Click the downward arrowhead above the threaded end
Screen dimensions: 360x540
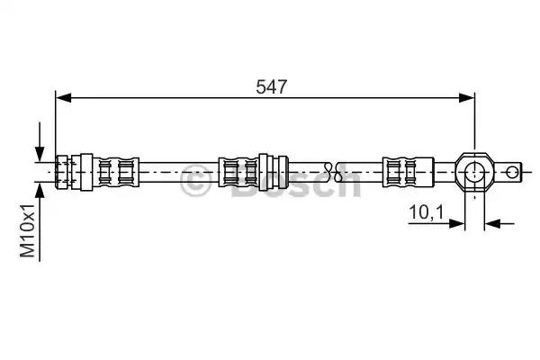39,154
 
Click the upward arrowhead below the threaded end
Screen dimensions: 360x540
39,184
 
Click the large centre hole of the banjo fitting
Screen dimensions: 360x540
473,169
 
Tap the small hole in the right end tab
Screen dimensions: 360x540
512,169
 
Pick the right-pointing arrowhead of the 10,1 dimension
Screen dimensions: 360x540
458,220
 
